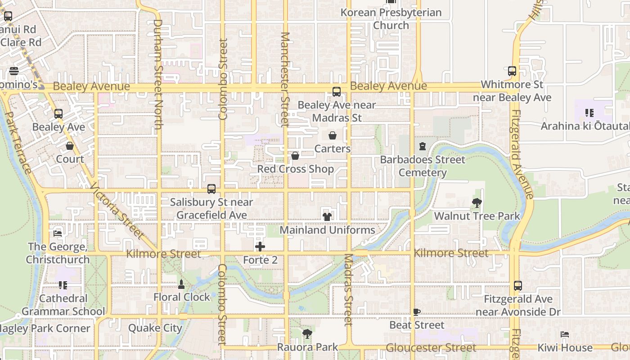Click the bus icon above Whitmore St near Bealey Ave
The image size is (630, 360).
point(512,71)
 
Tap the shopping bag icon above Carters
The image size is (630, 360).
point(333,135)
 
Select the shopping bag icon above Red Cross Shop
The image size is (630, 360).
point(295,156)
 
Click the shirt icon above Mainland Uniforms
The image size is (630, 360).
point(327,216)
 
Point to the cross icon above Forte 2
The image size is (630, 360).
point(260,247)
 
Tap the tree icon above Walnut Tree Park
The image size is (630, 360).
point(477,203)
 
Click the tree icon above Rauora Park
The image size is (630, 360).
point(307,334)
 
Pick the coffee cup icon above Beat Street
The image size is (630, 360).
point(417,312)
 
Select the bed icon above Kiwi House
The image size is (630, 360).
point(565,334)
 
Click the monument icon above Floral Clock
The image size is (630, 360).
point(181,284)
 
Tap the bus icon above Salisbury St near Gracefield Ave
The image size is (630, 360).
point(211,189)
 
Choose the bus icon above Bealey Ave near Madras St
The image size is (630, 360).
point(337,92)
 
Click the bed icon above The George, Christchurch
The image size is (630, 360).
point(57,234)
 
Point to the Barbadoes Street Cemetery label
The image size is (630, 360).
point(423,166)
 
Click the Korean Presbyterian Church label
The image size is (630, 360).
point(391,19)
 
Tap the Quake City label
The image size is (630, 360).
point(155,328)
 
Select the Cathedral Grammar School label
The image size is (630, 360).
point(63,305)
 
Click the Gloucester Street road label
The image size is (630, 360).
point(431,348)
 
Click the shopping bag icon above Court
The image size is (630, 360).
point(70,146)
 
